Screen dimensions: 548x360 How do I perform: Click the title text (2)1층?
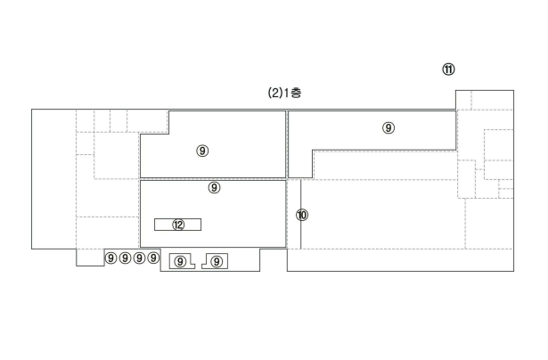click(284, 93)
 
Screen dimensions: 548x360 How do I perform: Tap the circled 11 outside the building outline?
click(448, 70)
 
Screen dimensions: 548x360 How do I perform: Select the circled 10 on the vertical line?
click(302, 215)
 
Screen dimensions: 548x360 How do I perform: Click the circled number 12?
click(178, 225)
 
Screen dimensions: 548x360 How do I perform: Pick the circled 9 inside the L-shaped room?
click(389, 128)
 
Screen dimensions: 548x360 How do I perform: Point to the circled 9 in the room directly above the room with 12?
click(202, 151)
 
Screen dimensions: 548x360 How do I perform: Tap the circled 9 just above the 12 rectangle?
click(214, 188)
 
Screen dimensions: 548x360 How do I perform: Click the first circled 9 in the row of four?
click(110, 258)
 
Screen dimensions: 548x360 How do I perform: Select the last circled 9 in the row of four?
click(153, 258)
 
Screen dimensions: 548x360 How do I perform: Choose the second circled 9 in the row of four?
click(125, 258)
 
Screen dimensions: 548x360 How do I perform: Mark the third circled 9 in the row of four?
click(139, 258)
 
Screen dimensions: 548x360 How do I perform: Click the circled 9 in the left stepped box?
click(180, 261)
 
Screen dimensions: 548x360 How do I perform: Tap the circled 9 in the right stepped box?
click(217, 261)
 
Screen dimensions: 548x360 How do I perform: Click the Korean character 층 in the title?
click(296, 93)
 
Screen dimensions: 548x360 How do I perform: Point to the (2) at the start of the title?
click(274, 94)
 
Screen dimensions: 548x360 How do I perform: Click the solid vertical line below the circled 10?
click(301, 235)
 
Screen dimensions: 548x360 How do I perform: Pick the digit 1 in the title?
click(286, 94)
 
